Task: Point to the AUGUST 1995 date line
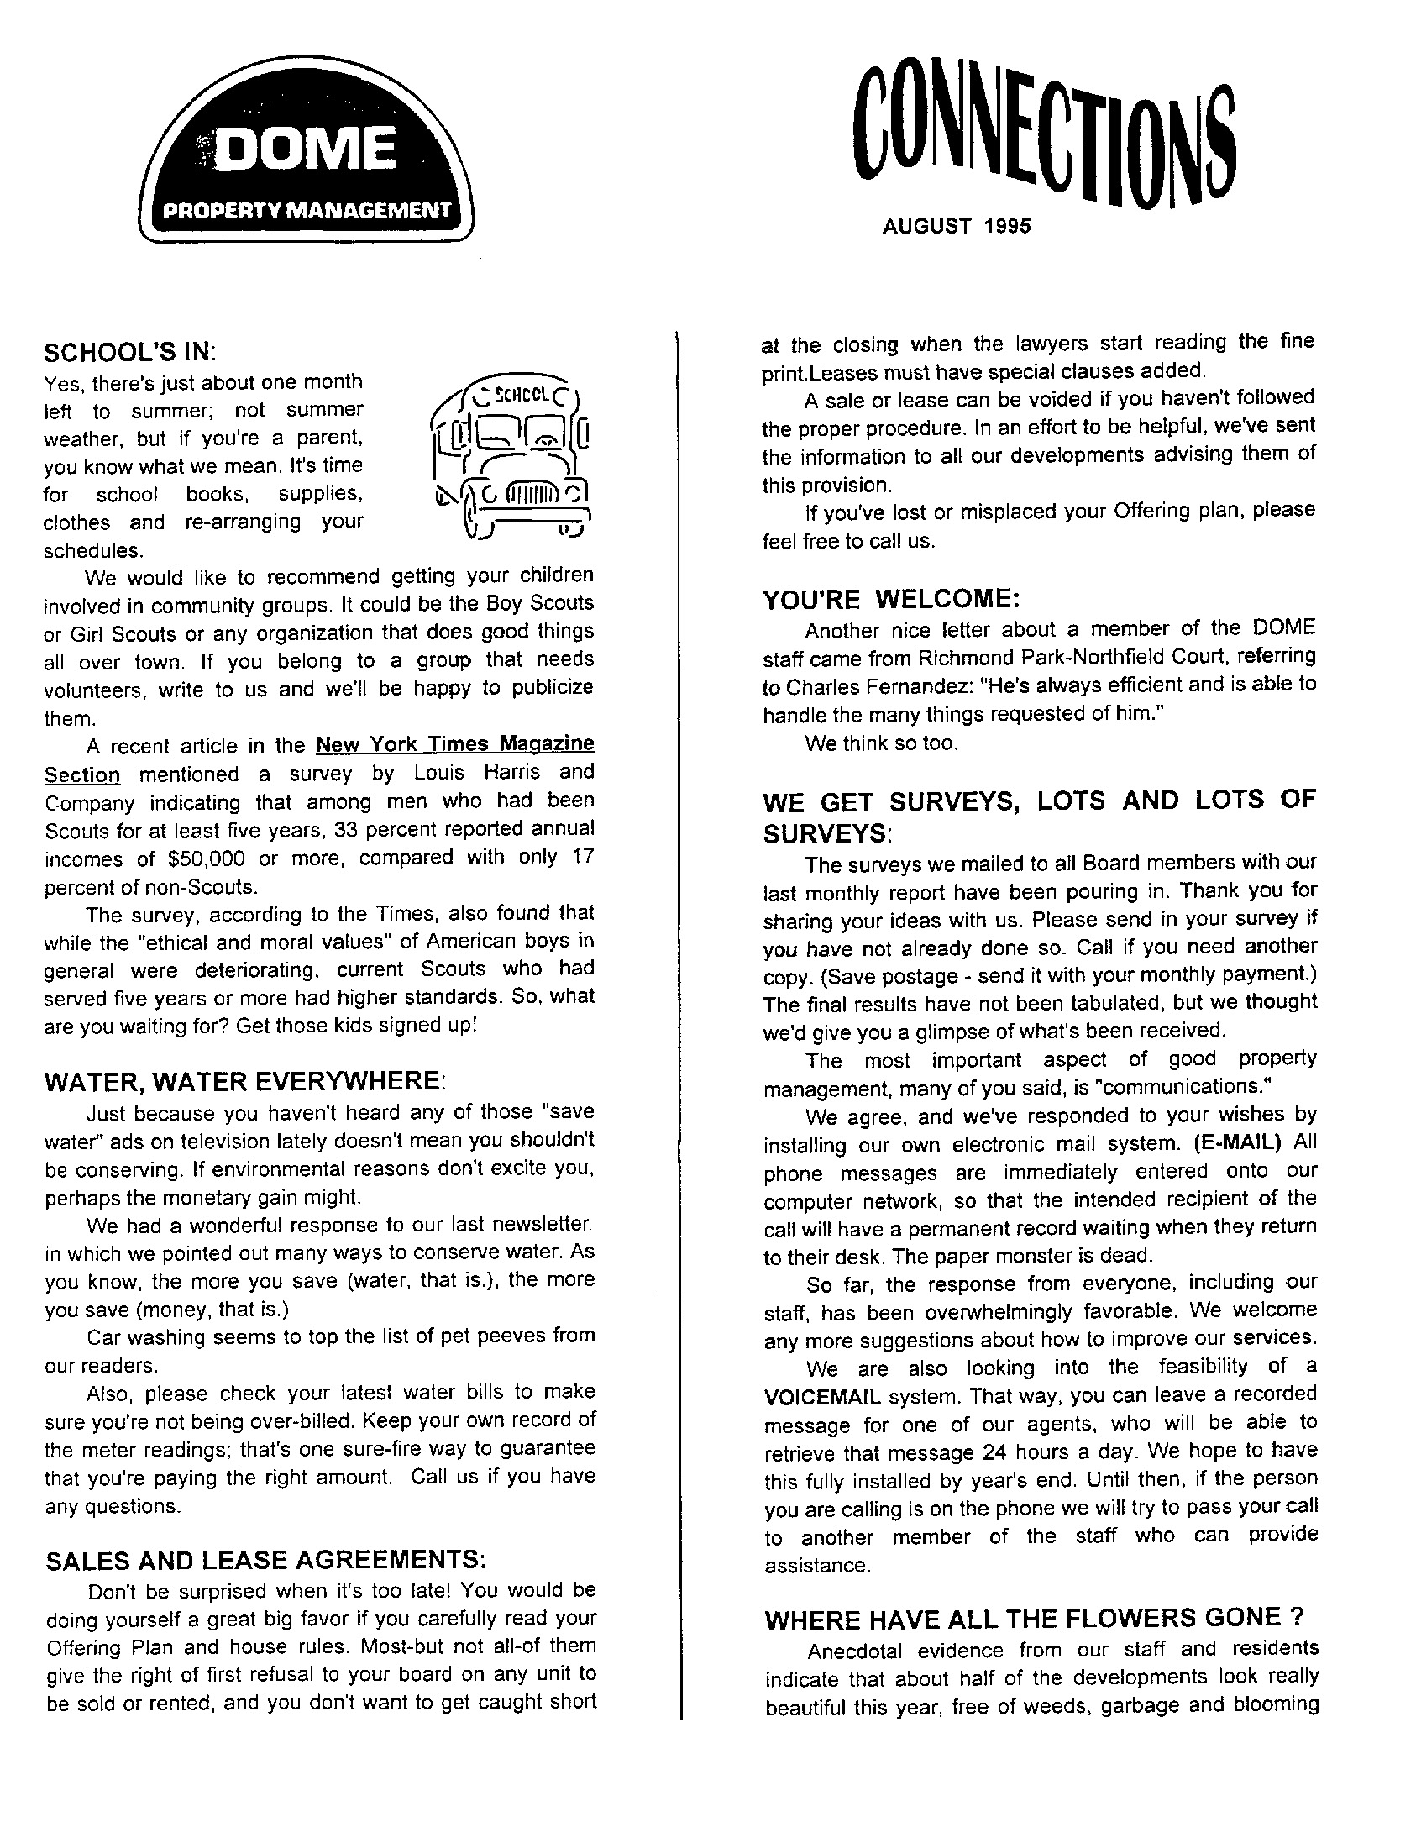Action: pyautogui.click(x=957, y=226)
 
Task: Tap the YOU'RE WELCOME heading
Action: pyautogui.click(x=891, y=600)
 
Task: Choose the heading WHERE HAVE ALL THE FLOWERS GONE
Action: pyautogui.click(x=1035, y=1618)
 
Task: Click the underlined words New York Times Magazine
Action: pyautogui.click(x=455, y=744)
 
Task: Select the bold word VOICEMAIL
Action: pyautogui.click(x=821, y=1397)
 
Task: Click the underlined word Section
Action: pyautogui.click(x=81, y=774)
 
